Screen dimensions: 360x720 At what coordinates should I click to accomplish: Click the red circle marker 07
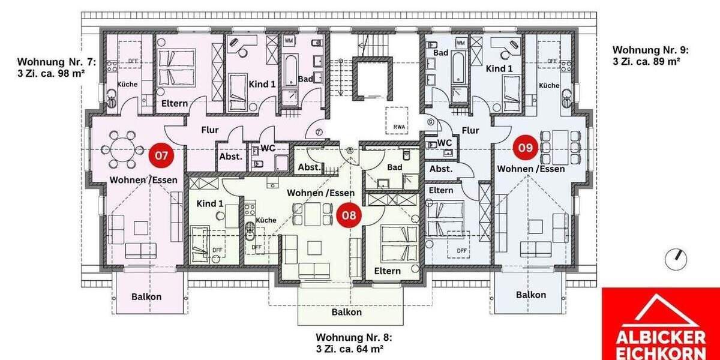tap(161, 155)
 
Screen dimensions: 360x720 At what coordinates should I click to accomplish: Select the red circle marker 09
tap(526, 148)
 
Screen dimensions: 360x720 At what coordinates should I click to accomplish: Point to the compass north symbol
tap(676, 257)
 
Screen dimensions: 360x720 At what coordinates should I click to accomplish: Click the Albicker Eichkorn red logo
tap(661, 324)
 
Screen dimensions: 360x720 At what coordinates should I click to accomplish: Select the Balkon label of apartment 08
tap(347, 312)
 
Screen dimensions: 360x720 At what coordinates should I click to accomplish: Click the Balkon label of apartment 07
tap(146, 296)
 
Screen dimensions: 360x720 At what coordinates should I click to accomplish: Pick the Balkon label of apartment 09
tap(531, 295)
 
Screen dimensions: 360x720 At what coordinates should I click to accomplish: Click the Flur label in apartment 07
tap(209, 129)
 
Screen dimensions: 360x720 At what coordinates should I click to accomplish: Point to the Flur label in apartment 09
tap(470, 130)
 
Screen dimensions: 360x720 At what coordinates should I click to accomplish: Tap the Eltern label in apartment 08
tap(387, 271)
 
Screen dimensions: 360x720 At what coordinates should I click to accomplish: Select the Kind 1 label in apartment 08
tap(210, 204)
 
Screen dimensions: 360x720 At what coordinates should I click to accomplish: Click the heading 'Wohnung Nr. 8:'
tap(355, 337)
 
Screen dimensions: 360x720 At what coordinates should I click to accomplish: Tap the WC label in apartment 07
tap(268, 148)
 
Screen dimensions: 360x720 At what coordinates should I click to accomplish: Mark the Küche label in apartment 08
tap(266, 220)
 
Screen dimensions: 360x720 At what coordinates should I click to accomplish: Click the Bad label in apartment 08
tap(394, 167)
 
